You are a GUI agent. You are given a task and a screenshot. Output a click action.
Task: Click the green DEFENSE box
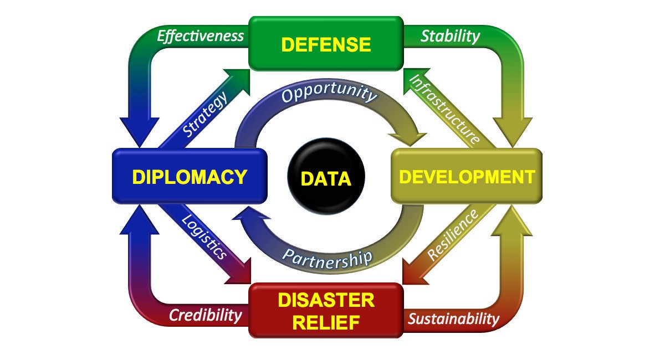pos(325,44)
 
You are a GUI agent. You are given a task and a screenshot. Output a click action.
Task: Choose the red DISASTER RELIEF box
pos(325,310)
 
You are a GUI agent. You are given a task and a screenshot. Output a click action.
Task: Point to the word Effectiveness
pos(200,36)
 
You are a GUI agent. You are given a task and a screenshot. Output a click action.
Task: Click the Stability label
pos(450,37)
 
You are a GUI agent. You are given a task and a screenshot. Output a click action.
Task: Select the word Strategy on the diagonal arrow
pos(206,115)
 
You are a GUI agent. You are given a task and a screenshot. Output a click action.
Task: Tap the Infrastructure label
pos(444,109)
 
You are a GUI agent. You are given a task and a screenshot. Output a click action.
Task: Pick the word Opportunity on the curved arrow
pos(328,94)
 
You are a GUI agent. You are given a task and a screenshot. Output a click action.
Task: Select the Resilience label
pos(453,235)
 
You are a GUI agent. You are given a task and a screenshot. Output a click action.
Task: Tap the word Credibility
pos(206,316)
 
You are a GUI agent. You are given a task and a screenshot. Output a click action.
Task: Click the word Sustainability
pos(453,319)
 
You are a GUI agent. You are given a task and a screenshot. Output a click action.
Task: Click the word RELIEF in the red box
pos(325,322)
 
